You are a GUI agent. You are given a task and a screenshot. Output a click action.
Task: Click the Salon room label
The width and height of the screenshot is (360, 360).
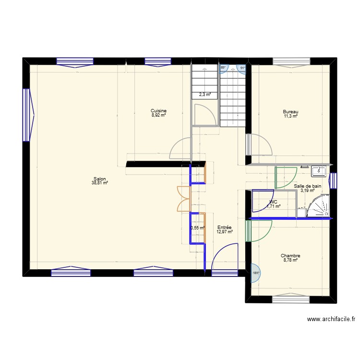100,179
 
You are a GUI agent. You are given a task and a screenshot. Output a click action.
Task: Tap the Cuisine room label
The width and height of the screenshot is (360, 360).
158,111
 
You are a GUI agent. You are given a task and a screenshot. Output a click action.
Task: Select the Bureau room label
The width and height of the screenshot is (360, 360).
290,112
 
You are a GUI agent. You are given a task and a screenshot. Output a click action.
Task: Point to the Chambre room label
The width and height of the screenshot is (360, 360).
290,256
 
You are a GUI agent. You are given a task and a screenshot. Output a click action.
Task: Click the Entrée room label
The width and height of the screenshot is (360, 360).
225,228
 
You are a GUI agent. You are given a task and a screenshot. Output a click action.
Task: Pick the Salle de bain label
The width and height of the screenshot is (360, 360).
307,186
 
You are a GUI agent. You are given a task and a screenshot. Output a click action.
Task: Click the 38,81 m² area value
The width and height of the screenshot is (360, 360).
100,183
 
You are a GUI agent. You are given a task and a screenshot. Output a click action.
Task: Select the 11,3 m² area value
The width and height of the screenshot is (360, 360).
290,116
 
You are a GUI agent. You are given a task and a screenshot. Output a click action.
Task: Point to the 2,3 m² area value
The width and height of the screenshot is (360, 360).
205,95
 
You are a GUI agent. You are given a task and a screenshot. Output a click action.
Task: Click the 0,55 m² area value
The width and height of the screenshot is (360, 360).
198,228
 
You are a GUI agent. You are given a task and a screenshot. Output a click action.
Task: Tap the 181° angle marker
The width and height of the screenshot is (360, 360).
256,273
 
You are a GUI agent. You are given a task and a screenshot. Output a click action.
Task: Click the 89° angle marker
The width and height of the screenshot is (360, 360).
223,68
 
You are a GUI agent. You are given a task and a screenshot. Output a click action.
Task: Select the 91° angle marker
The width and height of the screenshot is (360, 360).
242,68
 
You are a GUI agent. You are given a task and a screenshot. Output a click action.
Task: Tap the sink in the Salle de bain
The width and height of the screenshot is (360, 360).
318,170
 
